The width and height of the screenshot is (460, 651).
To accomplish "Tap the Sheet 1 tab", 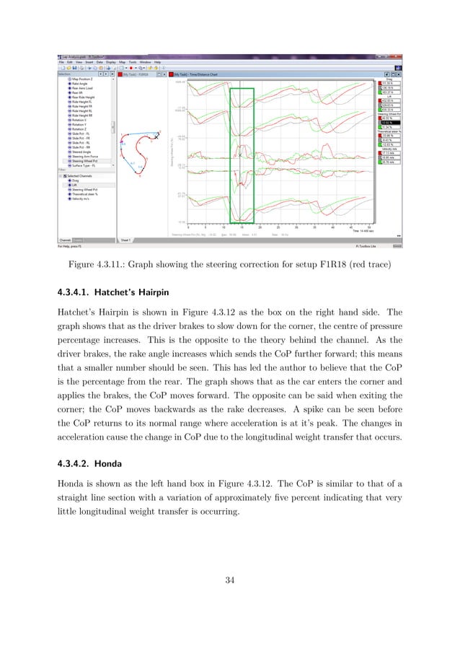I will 124,238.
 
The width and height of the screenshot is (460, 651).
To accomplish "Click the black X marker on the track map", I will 156,136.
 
